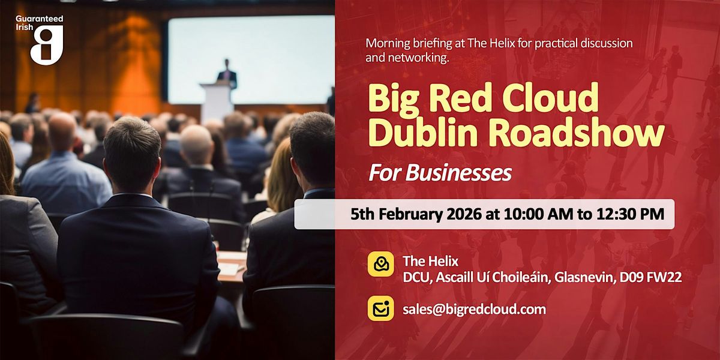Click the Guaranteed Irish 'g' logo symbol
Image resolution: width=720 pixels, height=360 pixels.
(x=47, y=45)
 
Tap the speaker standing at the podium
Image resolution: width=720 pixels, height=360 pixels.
(x=227, y=74)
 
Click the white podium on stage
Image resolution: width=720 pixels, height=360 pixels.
(x=217, y=101)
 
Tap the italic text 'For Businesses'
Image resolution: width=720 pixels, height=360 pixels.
(x=440, y=173)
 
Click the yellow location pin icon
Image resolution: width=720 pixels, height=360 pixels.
(x=381, y=264)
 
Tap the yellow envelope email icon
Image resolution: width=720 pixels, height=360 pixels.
(x=381, y=308)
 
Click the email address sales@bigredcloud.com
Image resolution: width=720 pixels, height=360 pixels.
(x=475, y=310)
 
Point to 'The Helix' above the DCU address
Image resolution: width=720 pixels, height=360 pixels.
(x=430, y=262)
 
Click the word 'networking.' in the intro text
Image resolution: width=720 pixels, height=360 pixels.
(x=418, y=58)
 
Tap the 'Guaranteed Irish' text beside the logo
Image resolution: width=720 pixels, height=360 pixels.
(x=39, y=23)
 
